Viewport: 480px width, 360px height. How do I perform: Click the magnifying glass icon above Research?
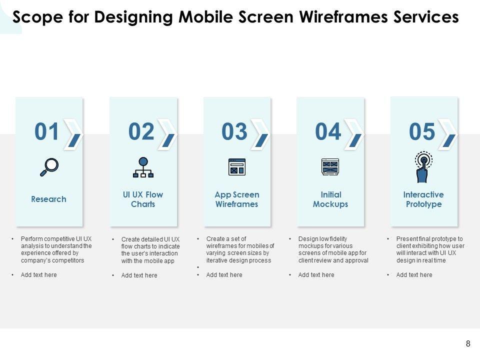tap(49, 167)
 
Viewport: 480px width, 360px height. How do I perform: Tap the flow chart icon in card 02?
tap(143, 167)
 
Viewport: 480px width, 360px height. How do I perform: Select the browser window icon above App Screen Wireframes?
tap(237, 167)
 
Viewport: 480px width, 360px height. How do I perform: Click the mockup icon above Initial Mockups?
tap(330, 167)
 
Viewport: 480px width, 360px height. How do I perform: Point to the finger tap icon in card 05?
tap(423, 167)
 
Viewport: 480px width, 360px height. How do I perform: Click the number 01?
tap(46, 131)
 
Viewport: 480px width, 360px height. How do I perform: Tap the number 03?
tap(234, 131)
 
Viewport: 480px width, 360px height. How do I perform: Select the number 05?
tap(422, 131)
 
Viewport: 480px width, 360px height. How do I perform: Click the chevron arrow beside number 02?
tap(167, 134)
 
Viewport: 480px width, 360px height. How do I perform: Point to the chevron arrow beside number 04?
tap(354, 134)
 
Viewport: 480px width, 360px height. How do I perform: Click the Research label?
tap(48, 199)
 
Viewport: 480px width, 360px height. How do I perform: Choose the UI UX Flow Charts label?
tap(143, 199)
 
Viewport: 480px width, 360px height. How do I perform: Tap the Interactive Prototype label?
tap(423, 199)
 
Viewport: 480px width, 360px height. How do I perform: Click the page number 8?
tap(468, 344)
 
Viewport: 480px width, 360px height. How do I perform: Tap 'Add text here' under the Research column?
tap(39, 275)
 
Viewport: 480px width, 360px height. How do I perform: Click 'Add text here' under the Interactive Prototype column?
tap(414, 275)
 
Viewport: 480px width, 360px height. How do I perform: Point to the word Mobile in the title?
tap(206, 17)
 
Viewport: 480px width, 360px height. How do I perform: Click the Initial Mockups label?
tap(330, 199)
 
